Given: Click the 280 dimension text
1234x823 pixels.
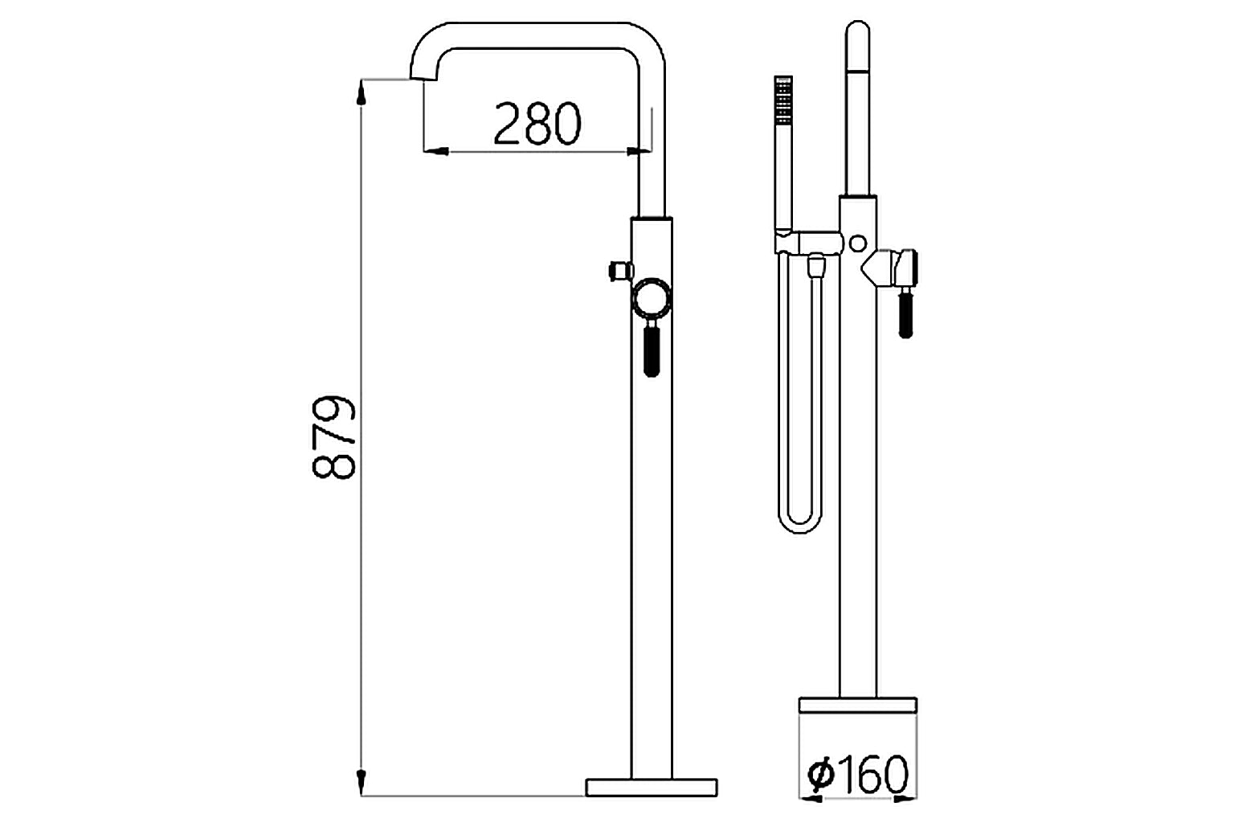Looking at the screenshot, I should pos(537,124).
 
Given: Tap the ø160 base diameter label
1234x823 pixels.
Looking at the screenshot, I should pos(857,774).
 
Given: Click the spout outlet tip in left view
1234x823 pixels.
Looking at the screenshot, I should pos(423,76).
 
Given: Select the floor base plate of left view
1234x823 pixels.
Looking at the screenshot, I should pos(651,787).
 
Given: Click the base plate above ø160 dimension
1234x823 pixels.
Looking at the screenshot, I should pos(857,705).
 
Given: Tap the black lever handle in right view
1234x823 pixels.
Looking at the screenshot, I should pos(905,314).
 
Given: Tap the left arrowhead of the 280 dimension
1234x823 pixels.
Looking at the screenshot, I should pos(435,150).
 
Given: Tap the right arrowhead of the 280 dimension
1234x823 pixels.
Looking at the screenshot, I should pos(639,150).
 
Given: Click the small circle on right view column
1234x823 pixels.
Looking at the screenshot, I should pos(858,242).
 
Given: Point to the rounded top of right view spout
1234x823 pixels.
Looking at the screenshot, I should pos(858,32).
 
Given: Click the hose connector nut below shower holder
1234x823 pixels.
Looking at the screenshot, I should pos(815,264).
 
